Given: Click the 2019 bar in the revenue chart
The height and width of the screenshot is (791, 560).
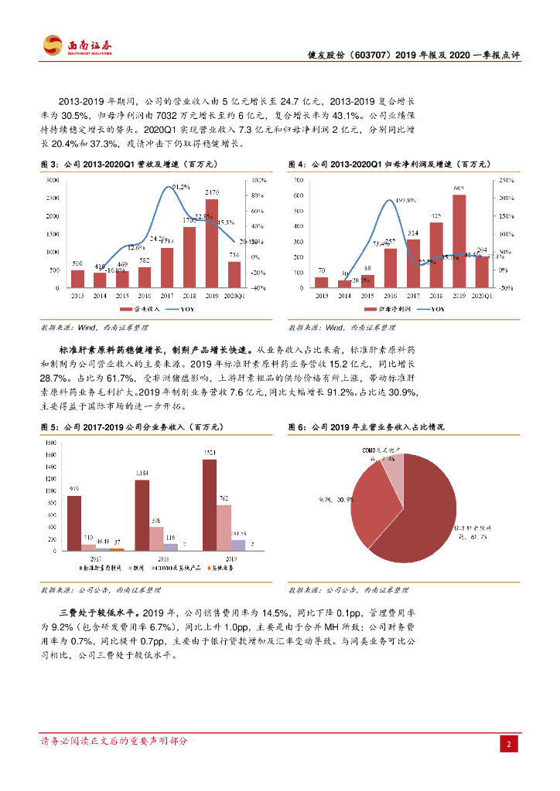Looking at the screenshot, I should pyautogui.click(x=211, y=243).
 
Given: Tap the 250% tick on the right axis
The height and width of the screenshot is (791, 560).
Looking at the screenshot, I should pyautogui.click(x=505, y=180).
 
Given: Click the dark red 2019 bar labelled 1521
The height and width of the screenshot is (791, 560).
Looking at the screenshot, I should pyautogui.click(x=210, y=505).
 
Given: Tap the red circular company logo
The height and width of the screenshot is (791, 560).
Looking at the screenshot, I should pyautogui.click(x=53, y=46).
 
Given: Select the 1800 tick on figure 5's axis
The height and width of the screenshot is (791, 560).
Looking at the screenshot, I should pyautogui.click(x=50, y=443).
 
